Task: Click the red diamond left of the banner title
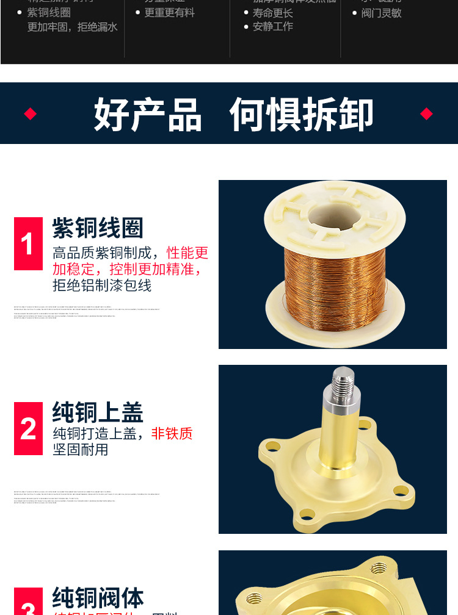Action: click(30, 113)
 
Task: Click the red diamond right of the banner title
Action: click(426, 113)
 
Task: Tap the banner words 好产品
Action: click(148, 114)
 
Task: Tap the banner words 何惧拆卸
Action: click(301, 114)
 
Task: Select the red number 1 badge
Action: click(28, 244)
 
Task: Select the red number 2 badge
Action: click(28, 428)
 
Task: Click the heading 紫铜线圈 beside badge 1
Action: click(98, 228)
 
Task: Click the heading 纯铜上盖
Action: click(98, 412)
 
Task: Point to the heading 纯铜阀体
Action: click(98, 598)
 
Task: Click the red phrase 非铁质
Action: click(172, 434)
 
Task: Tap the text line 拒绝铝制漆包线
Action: click(102, 285)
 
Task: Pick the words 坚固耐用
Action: click(81, 450)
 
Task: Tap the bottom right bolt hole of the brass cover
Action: click(400, 489)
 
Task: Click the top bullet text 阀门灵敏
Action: click(381, 13)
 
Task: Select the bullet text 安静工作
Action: click(272, 26)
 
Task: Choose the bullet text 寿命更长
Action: click(272, 13)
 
